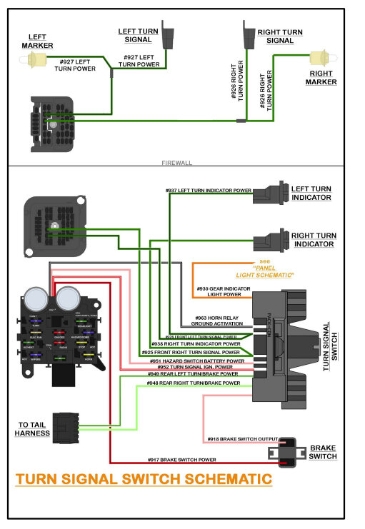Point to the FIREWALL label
(177, 163)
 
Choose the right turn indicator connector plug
(272, 239)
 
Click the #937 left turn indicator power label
(209, 191)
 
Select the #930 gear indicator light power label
(224, 291)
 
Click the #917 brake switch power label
(181, 460)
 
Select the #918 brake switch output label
(241, 438)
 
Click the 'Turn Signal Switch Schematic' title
(144, 478)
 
